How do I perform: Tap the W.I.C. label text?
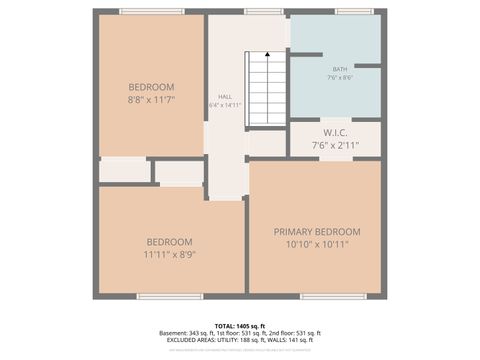point(334,133)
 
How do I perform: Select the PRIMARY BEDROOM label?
point(317,232)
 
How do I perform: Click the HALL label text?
point(225,96)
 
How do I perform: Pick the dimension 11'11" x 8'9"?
point(168,255)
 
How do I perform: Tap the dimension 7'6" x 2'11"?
point(334,146)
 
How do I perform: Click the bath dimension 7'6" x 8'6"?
point(340,78)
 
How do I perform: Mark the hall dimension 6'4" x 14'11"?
point(225,104)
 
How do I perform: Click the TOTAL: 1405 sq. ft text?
point(240,326)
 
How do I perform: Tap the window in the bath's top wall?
point(353,12)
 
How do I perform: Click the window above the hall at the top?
point(263,12)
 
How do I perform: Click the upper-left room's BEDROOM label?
point(151,87)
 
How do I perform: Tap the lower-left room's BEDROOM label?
point(168,241)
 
